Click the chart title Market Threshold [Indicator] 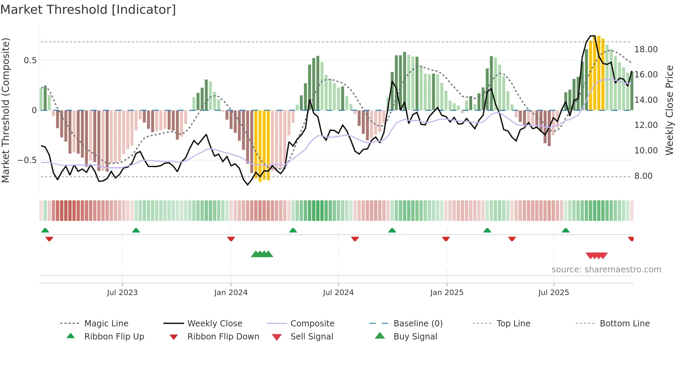pyautogui.click(x=88, y=10)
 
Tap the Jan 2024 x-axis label pyautogui.click(x=231, y=293)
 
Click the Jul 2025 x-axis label pyautogui.click(x=553, y=293)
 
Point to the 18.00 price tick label pyautogui.click(x=646, y=50)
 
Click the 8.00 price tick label pyautogui.click(x=643, y=176)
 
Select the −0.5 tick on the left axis pyautogui.click(x=27, y=160)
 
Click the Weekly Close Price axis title pyautogui.click(x=669, y=110)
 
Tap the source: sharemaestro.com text pyautogui.click(x=606, y=270)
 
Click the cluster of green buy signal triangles pyautogui.click(x=262, y=255)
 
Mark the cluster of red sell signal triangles pyautogui.click(x=596, y=256)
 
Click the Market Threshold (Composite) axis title pyautogui.click(x=6, y=110)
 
